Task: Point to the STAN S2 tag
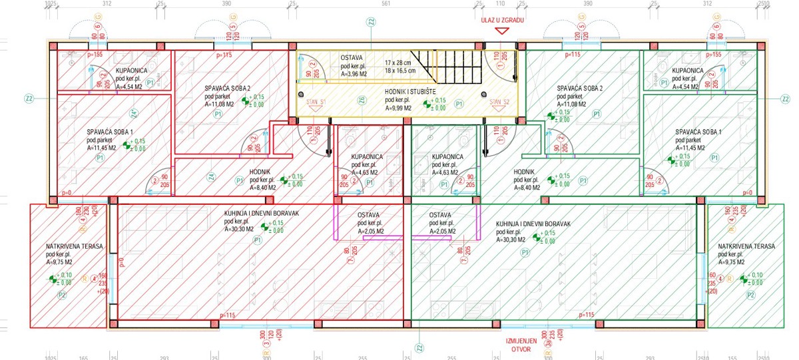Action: pyautogui.click(x=499, y=102)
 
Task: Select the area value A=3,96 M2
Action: pyautogui.click(x=356, y=73)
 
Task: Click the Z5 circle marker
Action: pyautogui.click(x=362, y=100)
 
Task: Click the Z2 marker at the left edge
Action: pyautogui.click(x=29, y=99)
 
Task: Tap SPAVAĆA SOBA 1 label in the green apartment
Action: pyautogui.click(x=698, y=132)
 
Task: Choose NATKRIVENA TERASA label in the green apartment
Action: pyautogui.click(x=746, y=246)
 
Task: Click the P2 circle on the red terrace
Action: pyautogui.click(x=63, y=294)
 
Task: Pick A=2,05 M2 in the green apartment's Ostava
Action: pyautogui.click(x=443, y=231)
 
